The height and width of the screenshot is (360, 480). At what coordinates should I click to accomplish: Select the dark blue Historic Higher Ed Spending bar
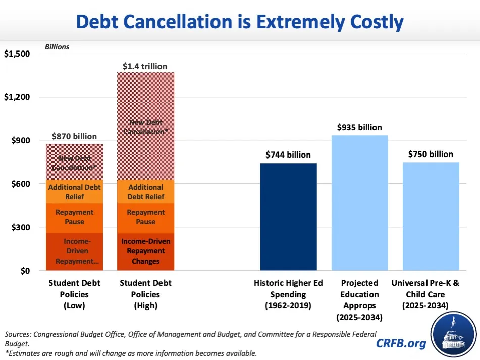(x=288, y=217)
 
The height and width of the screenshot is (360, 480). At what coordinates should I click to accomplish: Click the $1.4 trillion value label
(x=145, y=66)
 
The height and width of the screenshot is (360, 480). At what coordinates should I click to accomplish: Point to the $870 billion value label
(x=75, y=136)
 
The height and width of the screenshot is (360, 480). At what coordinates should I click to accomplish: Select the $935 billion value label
(x=359, y=127)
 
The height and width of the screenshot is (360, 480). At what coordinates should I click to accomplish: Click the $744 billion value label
(x=288, y=155)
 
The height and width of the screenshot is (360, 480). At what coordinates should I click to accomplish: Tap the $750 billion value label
(x=431, y=154)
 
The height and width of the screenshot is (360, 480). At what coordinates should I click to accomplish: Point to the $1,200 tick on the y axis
(x=17, y=97)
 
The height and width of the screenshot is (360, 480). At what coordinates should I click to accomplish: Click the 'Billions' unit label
(x=57, y=47)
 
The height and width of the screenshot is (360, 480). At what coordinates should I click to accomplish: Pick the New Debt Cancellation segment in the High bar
(x=145, y=126)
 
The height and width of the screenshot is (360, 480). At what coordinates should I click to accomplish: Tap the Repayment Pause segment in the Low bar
(x=74, y=217)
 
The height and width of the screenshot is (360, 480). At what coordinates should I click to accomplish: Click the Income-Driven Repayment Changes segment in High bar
(x=145, y=251)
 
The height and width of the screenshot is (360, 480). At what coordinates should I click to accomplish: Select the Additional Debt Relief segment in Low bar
(x=74, y=191)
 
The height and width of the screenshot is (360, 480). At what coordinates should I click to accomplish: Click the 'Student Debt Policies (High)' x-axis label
(x=145, y=294)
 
